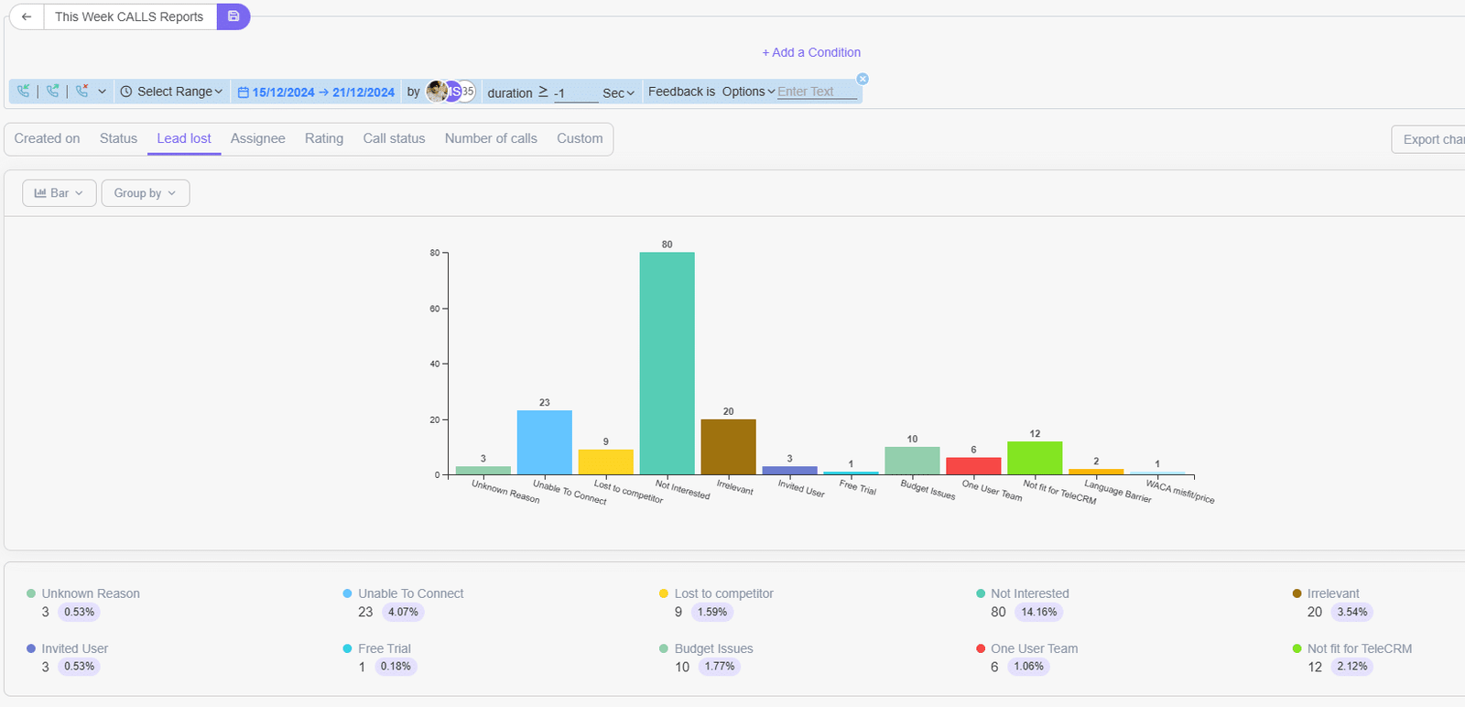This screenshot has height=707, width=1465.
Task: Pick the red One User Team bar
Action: (973, 465)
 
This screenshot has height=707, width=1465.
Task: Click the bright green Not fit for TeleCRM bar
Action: (1035, 458)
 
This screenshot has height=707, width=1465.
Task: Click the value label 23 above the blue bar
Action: (545, 403)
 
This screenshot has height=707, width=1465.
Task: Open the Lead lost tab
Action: (184, 138)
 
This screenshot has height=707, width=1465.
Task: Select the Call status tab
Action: (394, 138)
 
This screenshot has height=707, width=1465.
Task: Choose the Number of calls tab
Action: (491, 138)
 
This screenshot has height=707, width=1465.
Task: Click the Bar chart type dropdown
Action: (59, 193)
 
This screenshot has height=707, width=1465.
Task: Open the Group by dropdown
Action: (145, 193)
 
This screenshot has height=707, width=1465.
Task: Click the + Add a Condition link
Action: (811, 52)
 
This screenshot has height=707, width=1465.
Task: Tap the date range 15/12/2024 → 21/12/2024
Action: (317, 92)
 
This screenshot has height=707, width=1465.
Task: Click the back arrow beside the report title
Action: (27, 16)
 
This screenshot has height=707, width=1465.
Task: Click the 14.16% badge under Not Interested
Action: (1038, 612)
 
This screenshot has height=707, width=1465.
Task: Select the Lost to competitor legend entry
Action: (722, 593)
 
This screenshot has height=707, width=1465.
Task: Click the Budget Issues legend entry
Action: (712, 648)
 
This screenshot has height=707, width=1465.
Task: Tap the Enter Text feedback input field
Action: (815, 92)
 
